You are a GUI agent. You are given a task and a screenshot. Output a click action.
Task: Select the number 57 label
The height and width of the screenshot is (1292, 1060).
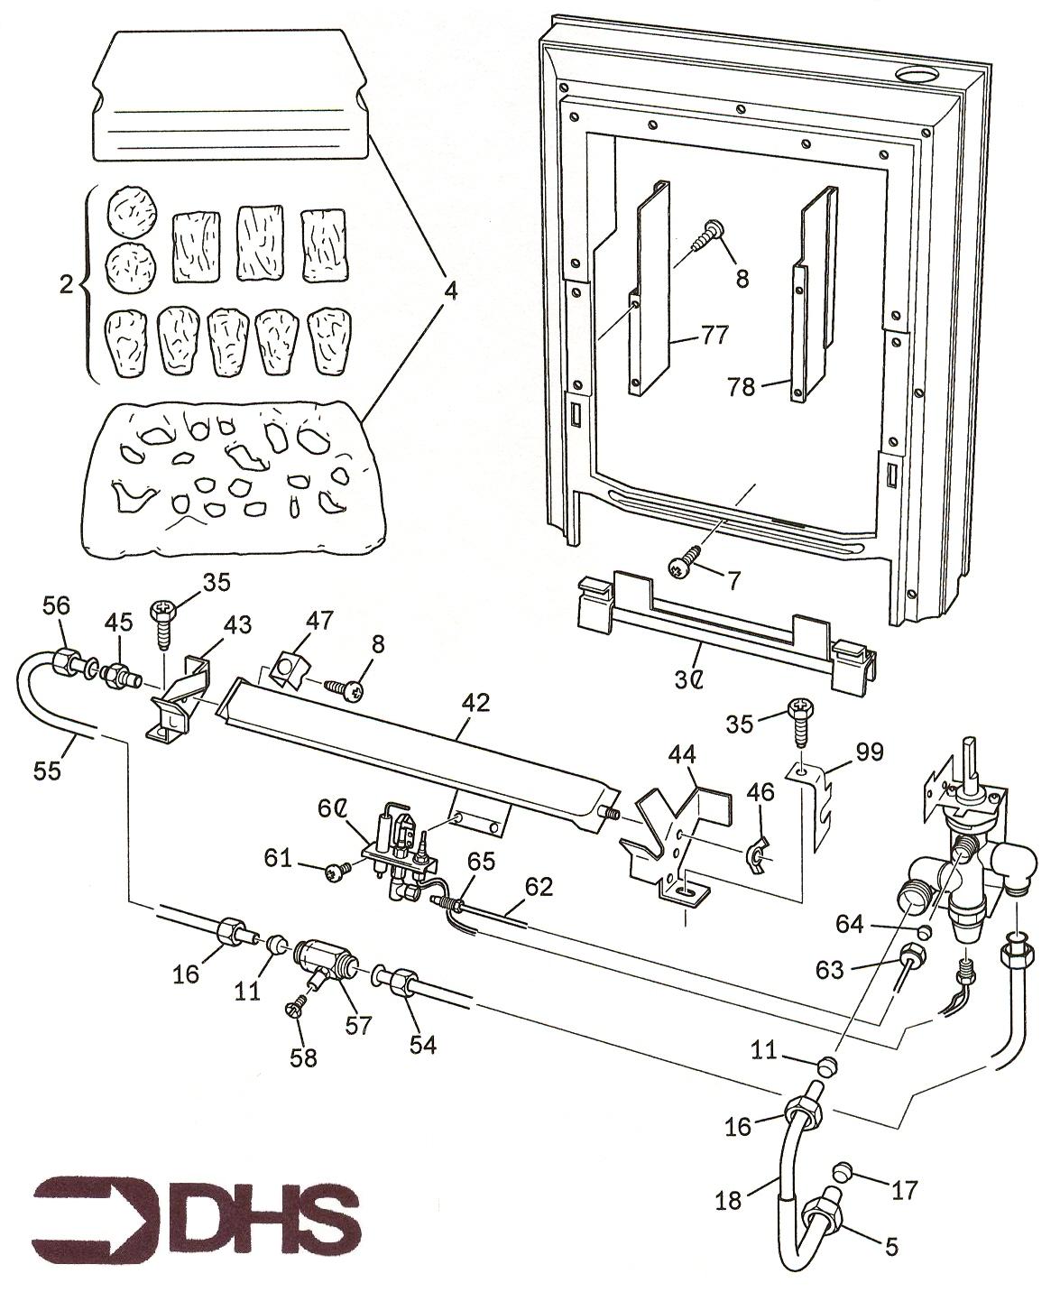click(359, 1025)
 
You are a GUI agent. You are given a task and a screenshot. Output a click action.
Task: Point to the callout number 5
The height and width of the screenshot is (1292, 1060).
click(891, 1247)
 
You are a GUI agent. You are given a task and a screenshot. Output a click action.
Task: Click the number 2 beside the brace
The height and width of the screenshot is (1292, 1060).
click(66, 286)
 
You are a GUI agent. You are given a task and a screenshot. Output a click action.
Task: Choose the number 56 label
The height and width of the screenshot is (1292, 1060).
click(56, 607)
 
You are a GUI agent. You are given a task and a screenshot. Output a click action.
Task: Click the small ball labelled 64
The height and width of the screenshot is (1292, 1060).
click(924, 931)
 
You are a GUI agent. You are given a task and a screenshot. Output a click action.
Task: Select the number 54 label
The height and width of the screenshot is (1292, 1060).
click(422, 1045)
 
